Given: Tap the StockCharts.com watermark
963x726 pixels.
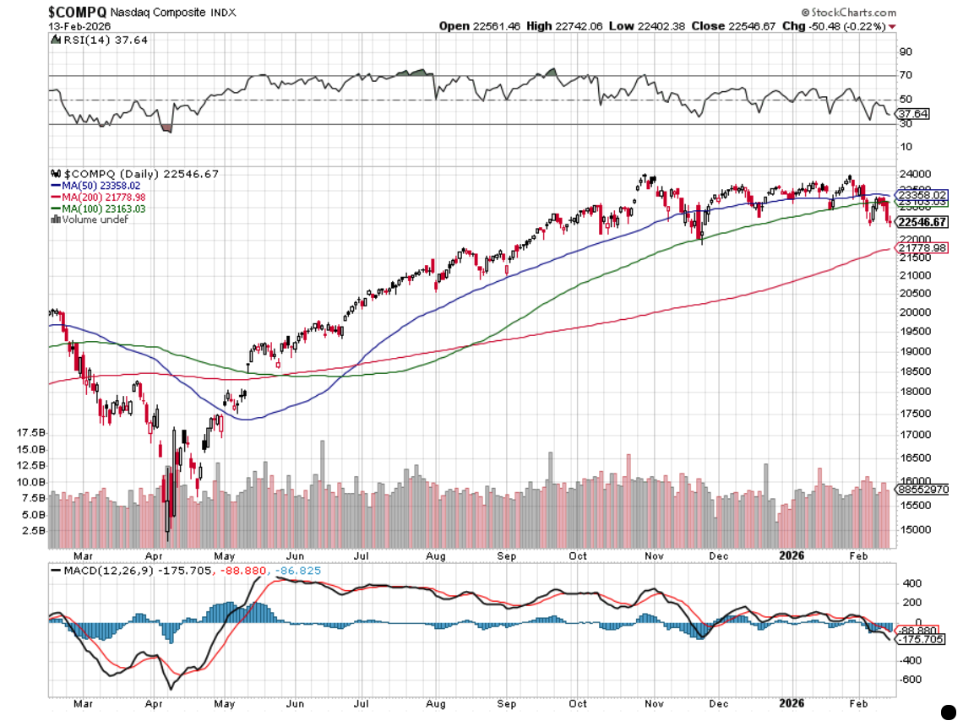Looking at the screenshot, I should (848, 13).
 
